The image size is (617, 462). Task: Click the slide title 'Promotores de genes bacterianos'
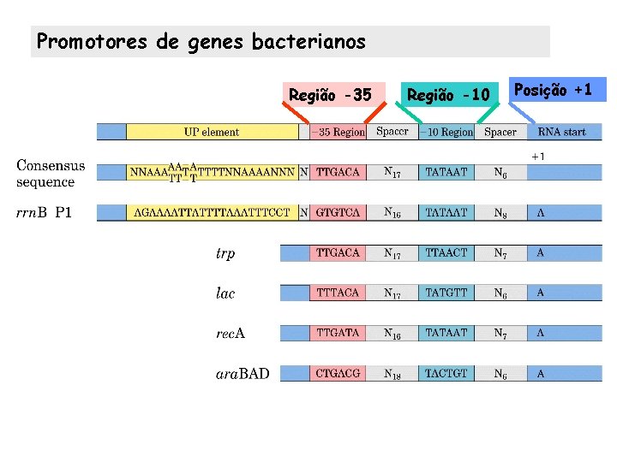(201, 41)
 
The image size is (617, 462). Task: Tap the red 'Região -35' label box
(330, 94)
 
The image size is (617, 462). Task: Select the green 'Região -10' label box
(447, 94)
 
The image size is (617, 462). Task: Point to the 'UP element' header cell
(212, 132)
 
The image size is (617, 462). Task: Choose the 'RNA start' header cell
(562, 132)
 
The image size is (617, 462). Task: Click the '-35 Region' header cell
(338, 132)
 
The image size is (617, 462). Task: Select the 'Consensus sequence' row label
(51, 173)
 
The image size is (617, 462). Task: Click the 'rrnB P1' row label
(45, 213)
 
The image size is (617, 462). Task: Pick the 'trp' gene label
(225, 253)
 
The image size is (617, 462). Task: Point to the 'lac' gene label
(225, 293)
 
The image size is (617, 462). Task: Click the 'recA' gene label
(230, 333)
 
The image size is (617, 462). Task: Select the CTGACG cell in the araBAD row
(338, 373)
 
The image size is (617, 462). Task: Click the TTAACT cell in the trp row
(446, 252)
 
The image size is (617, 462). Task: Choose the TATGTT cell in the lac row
(446, 293)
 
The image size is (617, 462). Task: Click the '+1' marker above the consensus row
(538, 156)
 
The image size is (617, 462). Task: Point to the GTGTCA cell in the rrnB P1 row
(338, 212)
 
